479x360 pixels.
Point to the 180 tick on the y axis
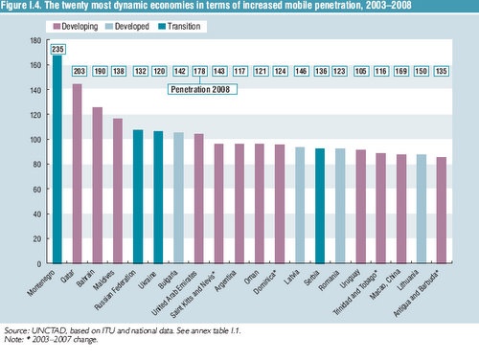pyautogui.click(x=35, y=42)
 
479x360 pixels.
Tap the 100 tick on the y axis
pyautogui.click(x=35, y=140)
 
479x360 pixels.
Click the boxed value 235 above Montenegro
pyautogui.click(x=57, y=48)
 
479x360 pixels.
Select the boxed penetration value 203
pyautogui.click(x=78, y=71)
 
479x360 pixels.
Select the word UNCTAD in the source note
pyautogui.click(x=49, y=329)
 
